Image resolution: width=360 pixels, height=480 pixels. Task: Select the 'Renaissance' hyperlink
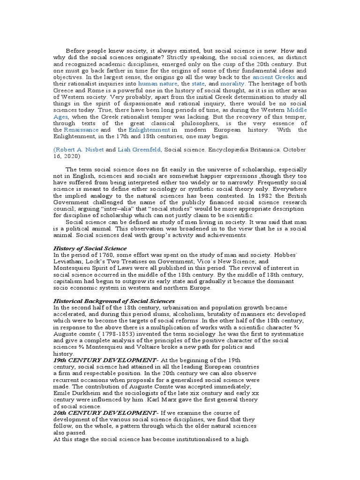click(x=82, y=129)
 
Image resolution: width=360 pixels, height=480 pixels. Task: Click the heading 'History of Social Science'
click(x=90, y=248)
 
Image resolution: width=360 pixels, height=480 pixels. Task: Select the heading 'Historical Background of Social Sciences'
click(x=114, y=301)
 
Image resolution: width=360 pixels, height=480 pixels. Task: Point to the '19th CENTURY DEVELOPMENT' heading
click(x=106, y=360)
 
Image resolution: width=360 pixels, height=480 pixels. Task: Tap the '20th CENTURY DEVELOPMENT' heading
click(x=106, y=412)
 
